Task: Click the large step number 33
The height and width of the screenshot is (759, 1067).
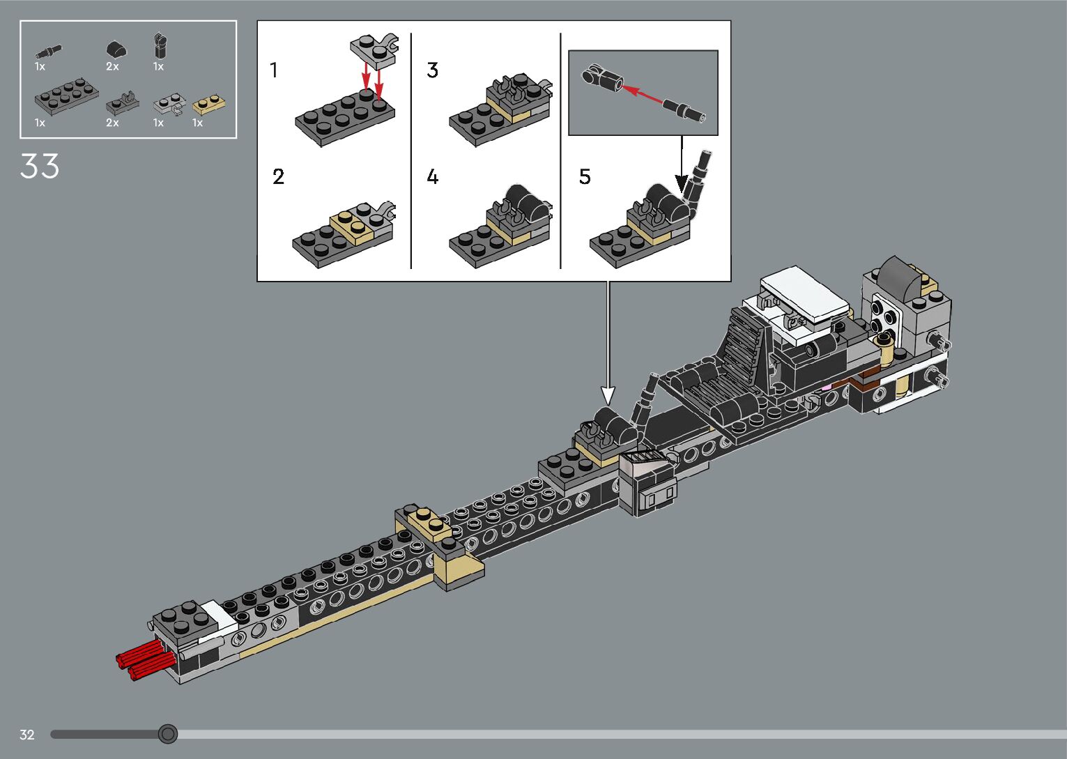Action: coord(40,167)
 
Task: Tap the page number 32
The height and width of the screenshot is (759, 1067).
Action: coord(27,735)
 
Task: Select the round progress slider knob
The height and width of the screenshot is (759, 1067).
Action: coord(167,734)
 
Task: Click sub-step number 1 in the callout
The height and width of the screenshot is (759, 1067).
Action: coord(274,70)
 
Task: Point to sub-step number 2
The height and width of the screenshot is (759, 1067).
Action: coord(278,177)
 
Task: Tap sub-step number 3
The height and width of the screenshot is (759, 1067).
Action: coord(433,70)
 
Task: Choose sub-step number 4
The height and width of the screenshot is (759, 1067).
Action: coord(433,177)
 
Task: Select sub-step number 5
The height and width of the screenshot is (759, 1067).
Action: coord(585,177)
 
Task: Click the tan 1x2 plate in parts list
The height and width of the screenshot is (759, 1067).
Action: coord(209,105)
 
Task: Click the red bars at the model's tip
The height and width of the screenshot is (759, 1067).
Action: coord(143,659)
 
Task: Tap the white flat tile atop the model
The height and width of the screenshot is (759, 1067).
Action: coord(805,291)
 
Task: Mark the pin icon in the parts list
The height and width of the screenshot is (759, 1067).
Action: coord(49,50)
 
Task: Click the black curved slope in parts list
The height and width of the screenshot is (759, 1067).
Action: coord(116,49)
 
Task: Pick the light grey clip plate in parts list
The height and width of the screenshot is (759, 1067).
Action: coord(169,105)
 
